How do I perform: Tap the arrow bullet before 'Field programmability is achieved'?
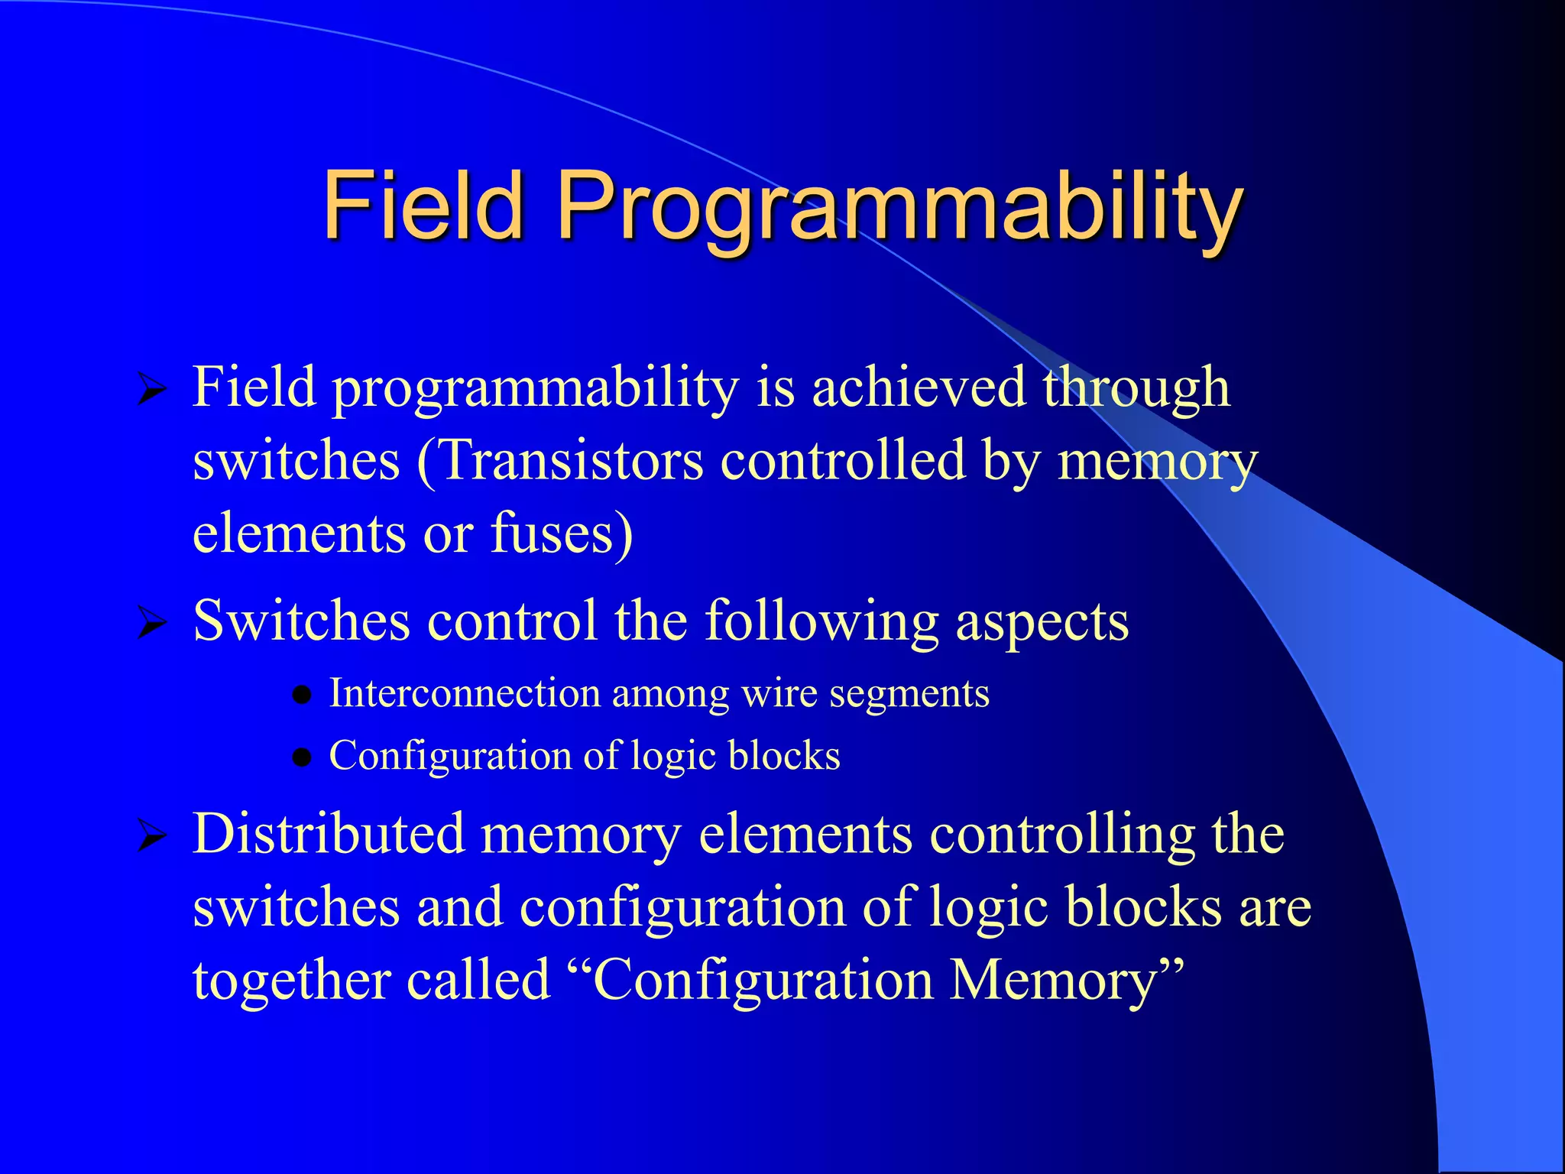pos(152,391)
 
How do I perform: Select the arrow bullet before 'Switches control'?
pos(152,624)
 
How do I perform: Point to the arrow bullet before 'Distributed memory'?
pos(152,838)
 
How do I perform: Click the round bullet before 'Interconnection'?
pos(303,696)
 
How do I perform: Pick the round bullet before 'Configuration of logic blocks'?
pos(303,757)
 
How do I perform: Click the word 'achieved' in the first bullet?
pos(918,387)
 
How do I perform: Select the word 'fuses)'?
pos(562,533)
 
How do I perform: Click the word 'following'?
pos(821,621)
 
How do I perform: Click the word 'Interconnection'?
pos(465,693)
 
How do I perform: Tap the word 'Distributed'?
pos(329,833)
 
